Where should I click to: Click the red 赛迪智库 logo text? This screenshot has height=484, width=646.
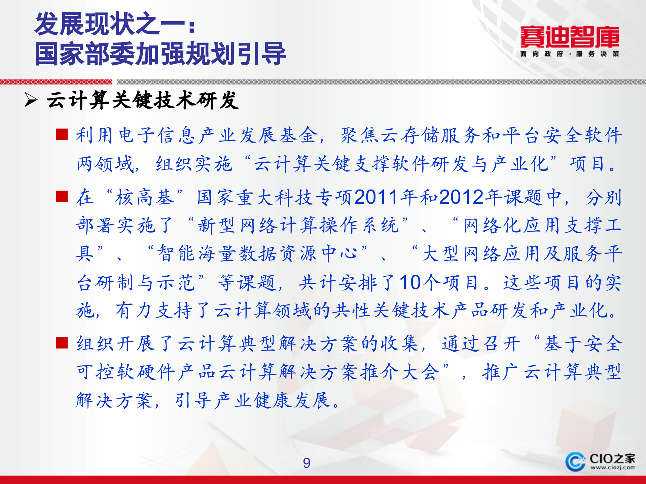point(569,37)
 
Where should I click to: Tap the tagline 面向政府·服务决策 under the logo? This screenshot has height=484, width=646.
point(569,54)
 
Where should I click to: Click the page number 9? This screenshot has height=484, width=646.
point(307,463)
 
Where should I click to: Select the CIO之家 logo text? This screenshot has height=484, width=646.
point(612,458)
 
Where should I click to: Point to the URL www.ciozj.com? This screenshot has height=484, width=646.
point(613,468)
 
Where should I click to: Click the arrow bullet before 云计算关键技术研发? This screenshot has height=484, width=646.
point(31,100)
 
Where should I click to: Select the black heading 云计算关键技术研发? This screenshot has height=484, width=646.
point(143,100)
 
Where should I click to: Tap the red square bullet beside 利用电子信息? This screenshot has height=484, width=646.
point(62,134)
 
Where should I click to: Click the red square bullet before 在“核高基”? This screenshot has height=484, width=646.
point(62,197)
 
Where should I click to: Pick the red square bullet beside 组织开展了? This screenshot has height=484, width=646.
point(62,343)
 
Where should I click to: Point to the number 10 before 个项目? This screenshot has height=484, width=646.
point(410,282)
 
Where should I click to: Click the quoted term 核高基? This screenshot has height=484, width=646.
point(145,197)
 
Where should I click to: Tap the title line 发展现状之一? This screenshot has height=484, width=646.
point(114,24)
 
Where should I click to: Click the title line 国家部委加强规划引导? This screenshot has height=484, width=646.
point(160,54)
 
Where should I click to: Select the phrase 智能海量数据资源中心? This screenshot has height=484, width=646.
point(257,253)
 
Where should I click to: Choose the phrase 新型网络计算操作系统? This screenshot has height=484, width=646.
point(298,225)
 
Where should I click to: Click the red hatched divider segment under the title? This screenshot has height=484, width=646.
point(56,82)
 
